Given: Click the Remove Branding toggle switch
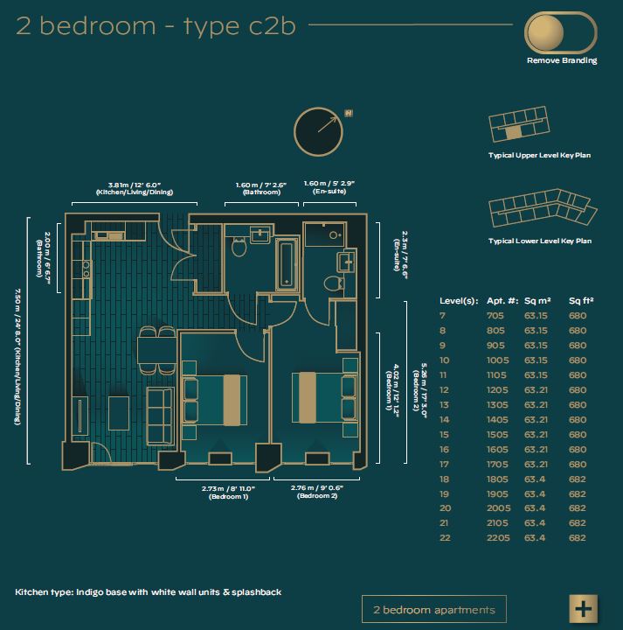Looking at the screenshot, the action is (560, 32).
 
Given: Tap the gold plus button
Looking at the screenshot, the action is (584, 608).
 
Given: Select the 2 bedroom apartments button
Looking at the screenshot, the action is (434, 609).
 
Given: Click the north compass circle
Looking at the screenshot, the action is (319, 132).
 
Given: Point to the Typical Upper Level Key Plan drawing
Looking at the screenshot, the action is (519, 123).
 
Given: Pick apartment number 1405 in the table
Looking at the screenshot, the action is (497, 420).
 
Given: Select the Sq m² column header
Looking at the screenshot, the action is (537, 301).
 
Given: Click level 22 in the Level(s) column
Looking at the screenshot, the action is (445, 538).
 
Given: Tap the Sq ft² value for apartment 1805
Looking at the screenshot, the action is (578, 479).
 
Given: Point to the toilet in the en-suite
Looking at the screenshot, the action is (334, 283).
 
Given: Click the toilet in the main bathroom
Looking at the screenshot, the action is (239, 247).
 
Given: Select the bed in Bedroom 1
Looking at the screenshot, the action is (215, 400).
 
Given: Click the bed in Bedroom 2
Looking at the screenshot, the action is (325, 398).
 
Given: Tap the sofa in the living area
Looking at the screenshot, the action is (161, 416).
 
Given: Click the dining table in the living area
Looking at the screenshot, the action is (157, 350).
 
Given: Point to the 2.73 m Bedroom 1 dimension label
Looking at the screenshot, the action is (228, 493).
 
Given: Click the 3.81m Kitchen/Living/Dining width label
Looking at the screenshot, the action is (135, 188).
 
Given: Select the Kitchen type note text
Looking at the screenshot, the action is (148, 591).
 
